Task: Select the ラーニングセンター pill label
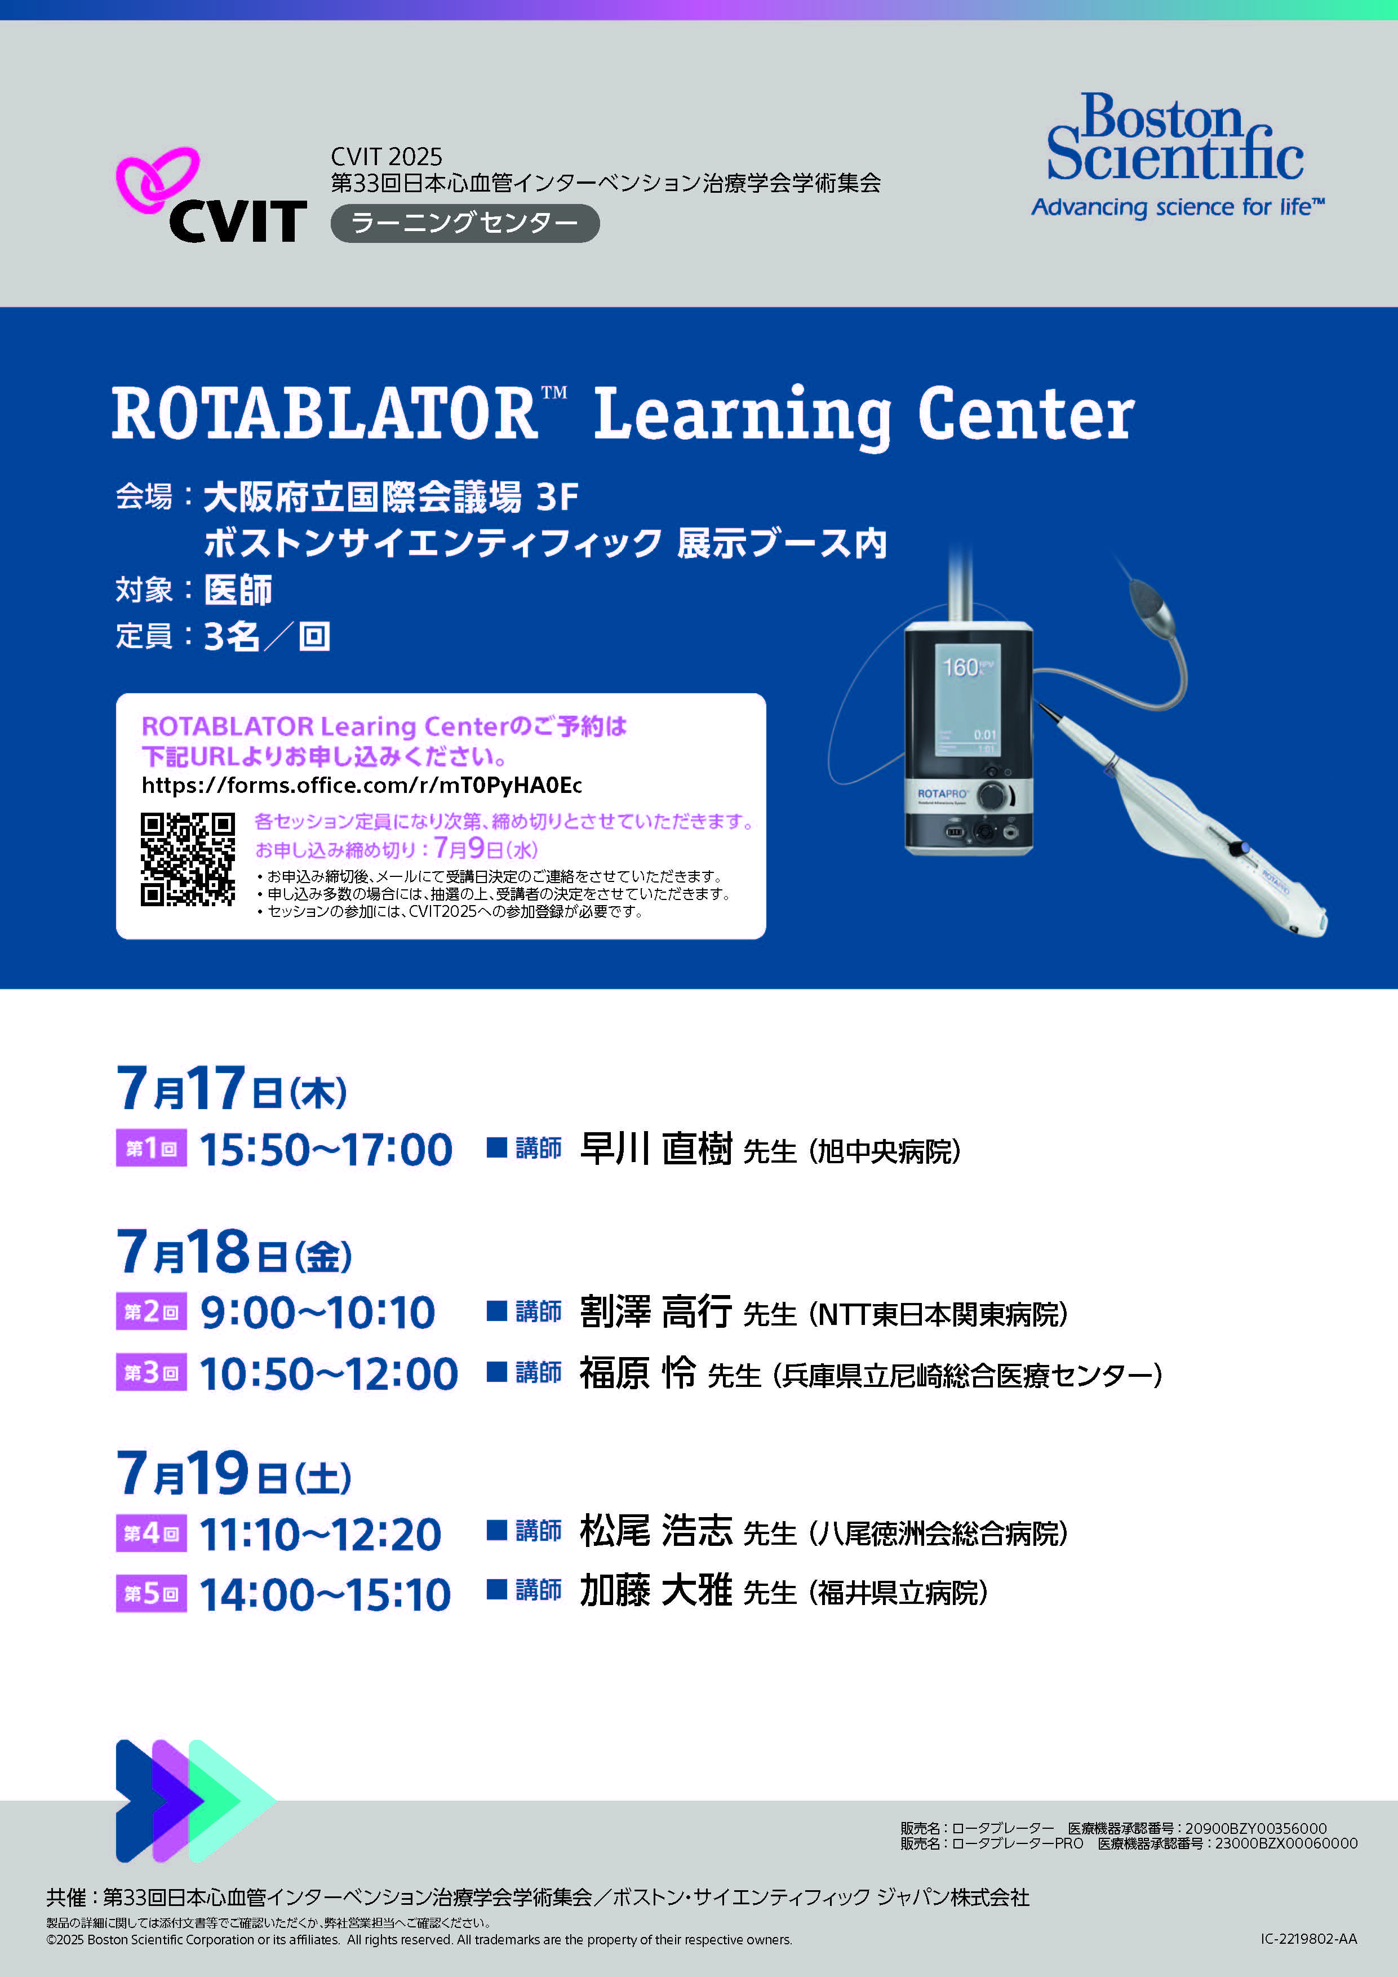465,223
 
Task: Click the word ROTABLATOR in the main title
325,414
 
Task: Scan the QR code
188,859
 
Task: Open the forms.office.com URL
362,785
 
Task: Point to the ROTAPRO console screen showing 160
967,700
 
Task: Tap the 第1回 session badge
152,1149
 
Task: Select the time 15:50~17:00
326,1150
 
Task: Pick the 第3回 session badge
152,1372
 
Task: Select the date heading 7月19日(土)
234,1473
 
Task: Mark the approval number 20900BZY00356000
1256,1828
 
